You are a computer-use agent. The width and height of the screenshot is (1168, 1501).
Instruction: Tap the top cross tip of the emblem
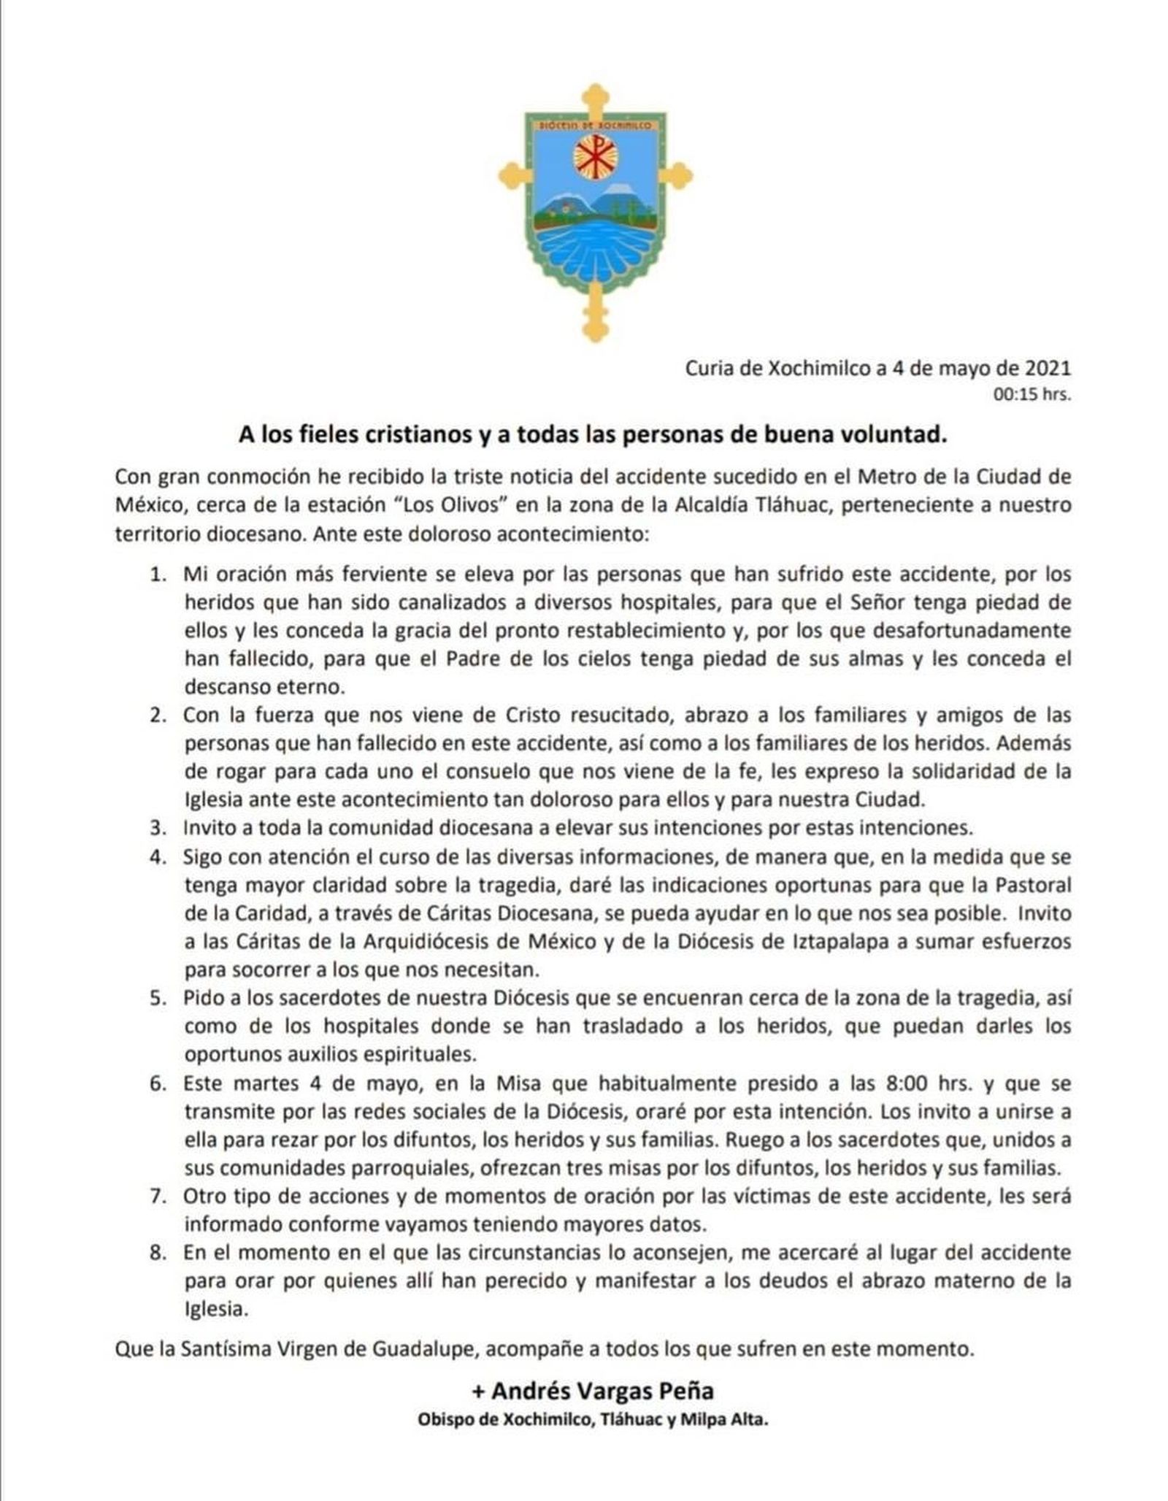(x=596, y=96)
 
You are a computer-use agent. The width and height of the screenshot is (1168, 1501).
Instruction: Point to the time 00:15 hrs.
(x=1031, y=396)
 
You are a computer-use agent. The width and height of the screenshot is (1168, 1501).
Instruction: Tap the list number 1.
(x=158, y=575)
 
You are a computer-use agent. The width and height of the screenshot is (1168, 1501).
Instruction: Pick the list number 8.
(x=158, y=1253)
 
